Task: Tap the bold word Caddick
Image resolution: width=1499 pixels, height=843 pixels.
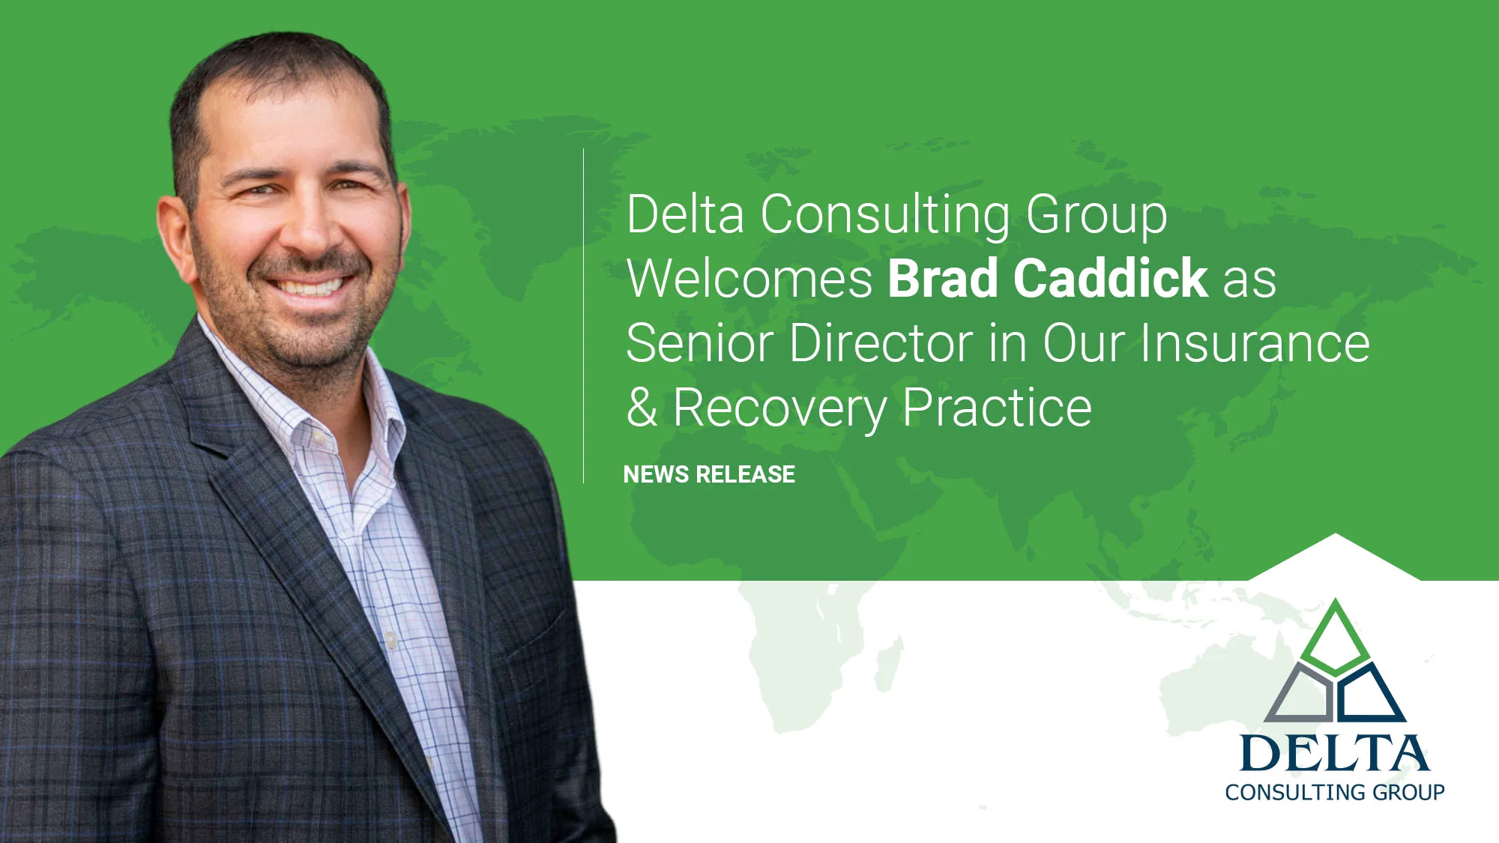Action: [1110, 279]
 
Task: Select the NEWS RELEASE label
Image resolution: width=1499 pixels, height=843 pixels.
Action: [709, 474]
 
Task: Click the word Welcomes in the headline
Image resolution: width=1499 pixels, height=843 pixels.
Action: [749, 279]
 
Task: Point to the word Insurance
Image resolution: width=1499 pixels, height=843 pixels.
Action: [1255, 343]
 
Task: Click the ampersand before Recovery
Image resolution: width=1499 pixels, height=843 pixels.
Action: [642, 408]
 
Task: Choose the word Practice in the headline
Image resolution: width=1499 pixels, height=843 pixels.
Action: [997, 408]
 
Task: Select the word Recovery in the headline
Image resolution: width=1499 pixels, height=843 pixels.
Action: [779, 409]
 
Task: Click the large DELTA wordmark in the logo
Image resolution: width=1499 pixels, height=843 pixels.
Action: [1334, 753]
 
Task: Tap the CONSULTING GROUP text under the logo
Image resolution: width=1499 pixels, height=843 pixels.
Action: [1334, 792]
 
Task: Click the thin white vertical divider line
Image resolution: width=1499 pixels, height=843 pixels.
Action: [583, 315]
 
